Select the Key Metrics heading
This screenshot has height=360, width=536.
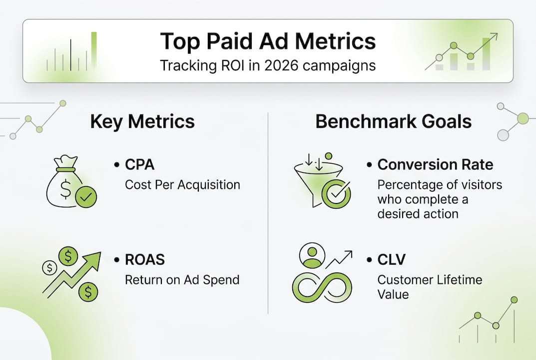click(x=142, y=122)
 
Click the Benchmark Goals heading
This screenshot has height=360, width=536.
click(x=394, y=122)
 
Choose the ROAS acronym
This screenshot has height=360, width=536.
click(x=145, y=259)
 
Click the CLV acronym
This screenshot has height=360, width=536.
click(x=393, y=259)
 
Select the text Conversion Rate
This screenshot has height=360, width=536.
click(x=435, y=164)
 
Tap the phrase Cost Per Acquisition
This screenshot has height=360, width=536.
click(x=182, y=184)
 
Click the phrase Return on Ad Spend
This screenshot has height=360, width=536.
click(x=182, y=279)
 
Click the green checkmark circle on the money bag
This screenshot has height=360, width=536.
click(x=86, y=198)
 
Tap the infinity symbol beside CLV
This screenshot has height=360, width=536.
click(x=322, y=287)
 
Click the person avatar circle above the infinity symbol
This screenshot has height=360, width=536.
click(x=311, y=256)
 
